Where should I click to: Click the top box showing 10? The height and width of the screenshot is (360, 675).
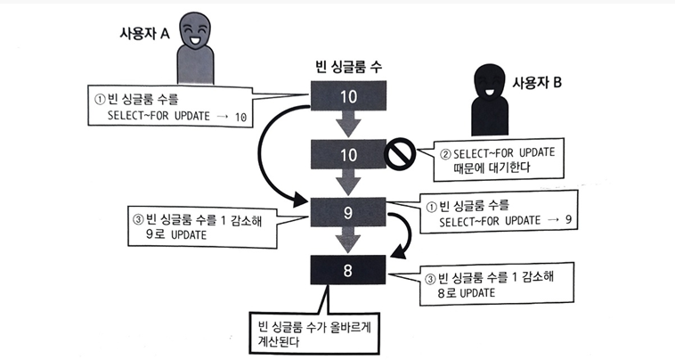[348, 94]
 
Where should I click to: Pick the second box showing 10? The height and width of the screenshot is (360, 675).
[348, 155]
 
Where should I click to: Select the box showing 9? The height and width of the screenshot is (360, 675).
[348, 213]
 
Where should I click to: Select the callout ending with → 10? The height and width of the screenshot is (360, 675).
[166, 107]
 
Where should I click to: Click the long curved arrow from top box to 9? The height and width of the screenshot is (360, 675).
[260, 160]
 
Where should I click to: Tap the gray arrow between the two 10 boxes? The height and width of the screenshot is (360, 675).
[348, 124]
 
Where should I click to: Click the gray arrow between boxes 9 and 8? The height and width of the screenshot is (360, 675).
[348, 241]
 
